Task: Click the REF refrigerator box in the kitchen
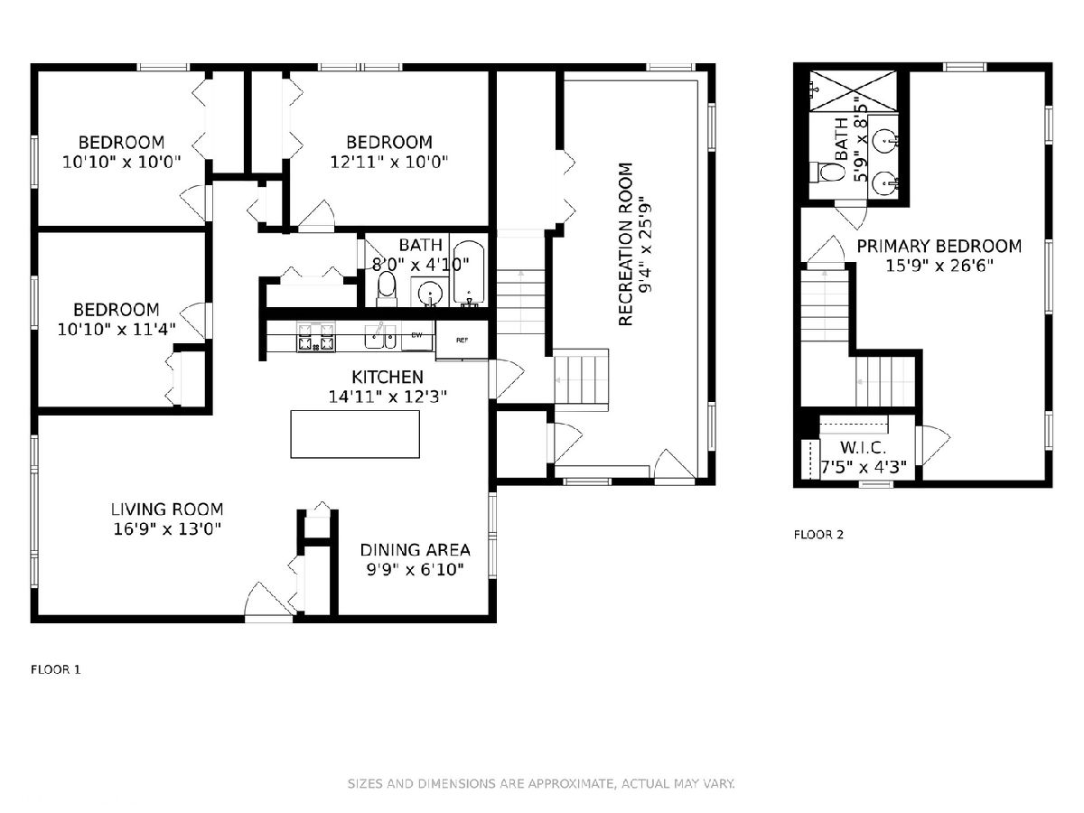(462, 340)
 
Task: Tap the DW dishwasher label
(416, 335)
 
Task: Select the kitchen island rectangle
(355, 434)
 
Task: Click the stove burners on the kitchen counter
(316, 337)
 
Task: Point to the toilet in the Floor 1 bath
(387, 290)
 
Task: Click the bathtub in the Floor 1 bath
(469, 274)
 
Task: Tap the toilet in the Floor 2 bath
(828, 173)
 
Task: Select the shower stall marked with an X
(854, 91)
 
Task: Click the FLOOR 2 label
(818, 535)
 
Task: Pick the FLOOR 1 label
(55, 670)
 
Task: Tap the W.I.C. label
(864, 448)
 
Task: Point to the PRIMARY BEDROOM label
(939, 246)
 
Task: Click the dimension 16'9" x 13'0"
(167, 529)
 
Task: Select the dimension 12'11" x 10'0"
(389, 162)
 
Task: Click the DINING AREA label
(415, 550)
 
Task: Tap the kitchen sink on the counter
(379, 337)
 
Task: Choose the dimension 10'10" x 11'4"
(117, 329)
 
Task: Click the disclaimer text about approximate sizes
(541, 783)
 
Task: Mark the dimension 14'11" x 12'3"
(388, 397)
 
